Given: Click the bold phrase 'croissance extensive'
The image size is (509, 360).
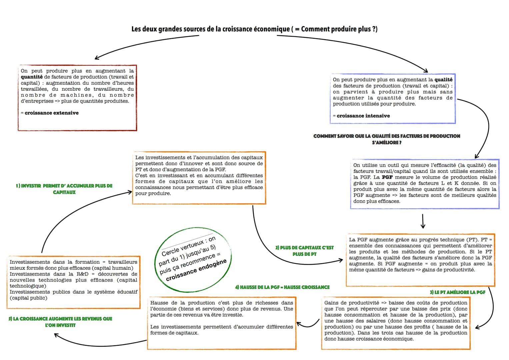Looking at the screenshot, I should coord(52,113).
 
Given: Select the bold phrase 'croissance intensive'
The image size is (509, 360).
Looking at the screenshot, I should coord(363,116).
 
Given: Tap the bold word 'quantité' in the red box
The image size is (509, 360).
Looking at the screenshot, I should coord(32,77).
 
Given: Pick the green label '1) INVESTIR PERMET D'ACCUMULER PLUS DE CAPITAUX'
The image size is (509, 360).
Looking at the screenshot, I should coord(64,189).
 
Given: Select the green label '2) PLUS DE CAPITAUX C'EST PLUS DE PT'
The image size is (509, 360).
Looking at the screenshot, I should coord(304,251).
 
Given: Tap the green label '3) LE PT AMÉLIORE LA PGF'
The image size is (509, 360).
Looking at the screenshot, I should coord(457,292).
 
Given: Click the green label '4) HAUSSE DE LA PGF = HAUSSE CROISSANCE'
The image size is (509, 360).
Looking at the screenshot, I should coord(282,287).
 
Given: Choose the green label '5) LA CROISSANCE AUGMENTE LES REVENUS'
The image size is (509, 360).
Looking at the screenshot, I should coord(60,322).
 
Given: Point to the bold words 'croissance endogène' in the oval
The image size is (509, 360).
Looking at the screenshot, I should coord(196,270).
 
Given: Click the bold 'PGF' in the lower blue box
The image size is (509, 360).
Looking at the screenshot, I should coord(387,177).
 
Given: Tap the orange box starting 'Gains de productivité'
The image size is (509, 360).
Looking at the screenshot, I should coord(396,323).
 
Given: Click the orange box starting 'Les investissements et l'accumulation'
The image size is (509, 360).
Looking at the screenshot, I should coord(199,178).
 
